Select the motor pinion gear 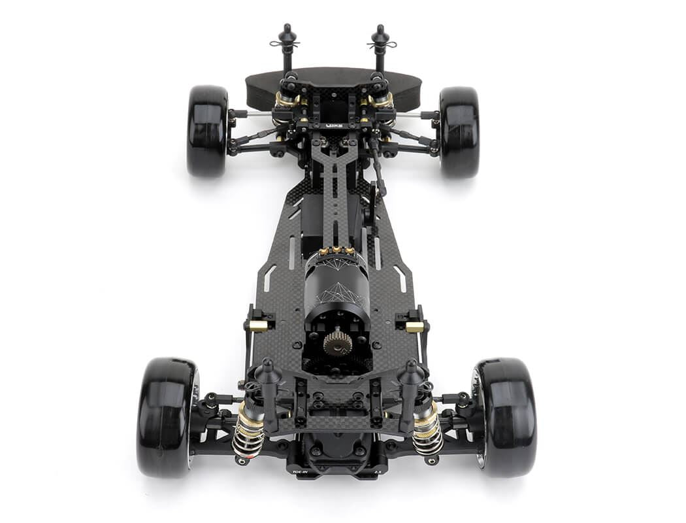coord(337,342)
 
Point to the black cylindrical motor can coord(336,288)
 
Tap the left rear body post coord(269,392)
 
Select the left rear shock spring coord(248,435)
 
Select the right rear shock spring coord(428,435)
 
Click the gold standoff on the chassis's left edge coord(259,326)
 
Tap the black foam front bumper coord(333,85)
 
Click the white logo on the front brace coord(334,125)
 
